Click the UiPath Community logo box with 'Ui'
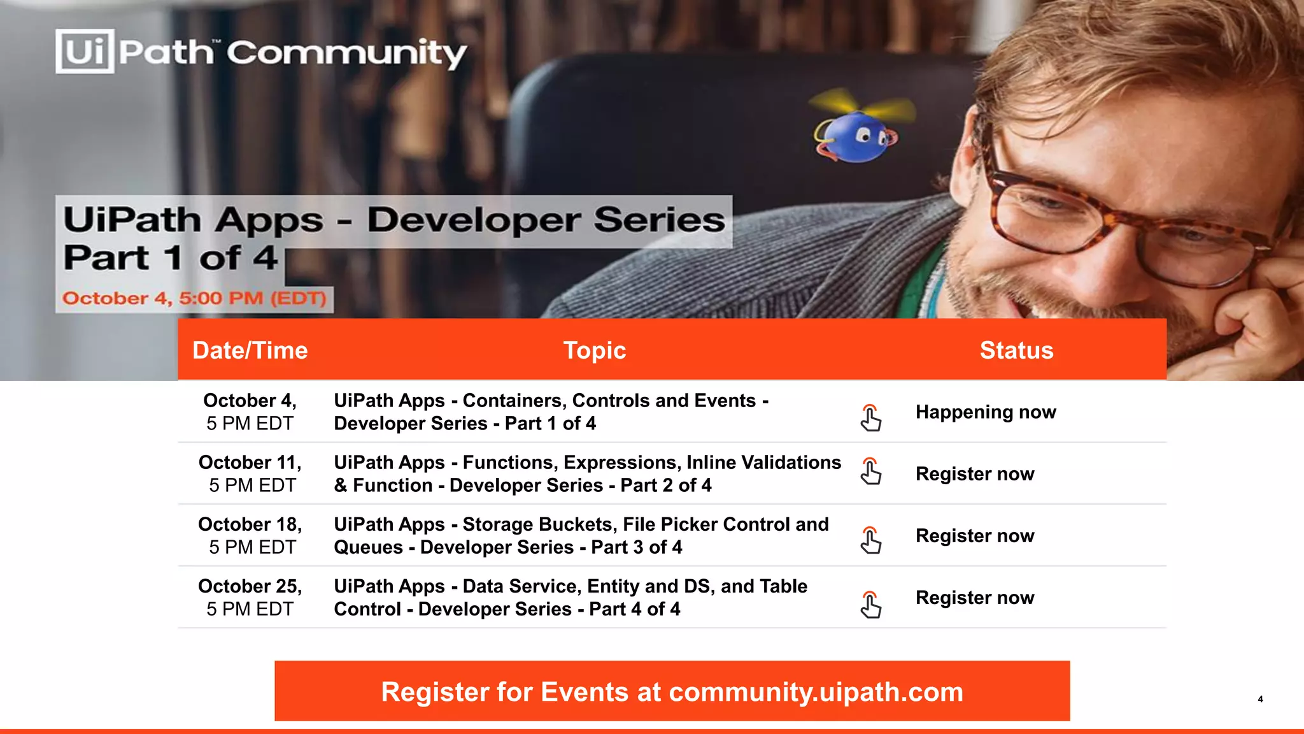pyautogui.click(x=85, y=51)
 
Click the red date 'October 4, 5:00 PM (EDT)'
pyautogui.click(x=194, y=298)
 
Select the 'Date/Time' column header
pyautogui.click(x=250, y=350)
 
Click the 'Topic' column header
pyautogui.click(x=595, y=350)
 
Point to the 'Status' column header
pyautogui.click(x=1016, y=350)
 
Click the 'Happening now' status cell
pyautogui.click(x=986, y=412)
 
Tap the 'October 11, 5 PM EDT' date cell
pyautogui.click(x=250, y=473)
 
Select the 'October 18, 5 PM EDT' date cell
pyautogui.click(x=250, y=535)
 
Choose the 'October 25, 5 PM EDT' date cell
pyautogui.click(x=250, y=597)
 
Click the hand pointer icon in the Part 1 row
pyautogui.click(x=870, y=418)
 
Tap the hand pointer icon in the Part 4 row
pyautogui.click(x=870, y=605)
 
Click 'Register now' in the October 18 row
pyautogui.click(x=975, y=536)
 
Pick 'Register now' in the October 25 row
pyautogui.click(x=975, y=598)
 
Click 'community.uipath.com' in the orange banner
pyautogui.click(x=816, y=692)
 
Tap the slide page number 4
pyautogui.click(x=1260, y=699)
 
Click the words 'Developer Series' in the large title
pyautogui.click(x=546, y=220)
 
